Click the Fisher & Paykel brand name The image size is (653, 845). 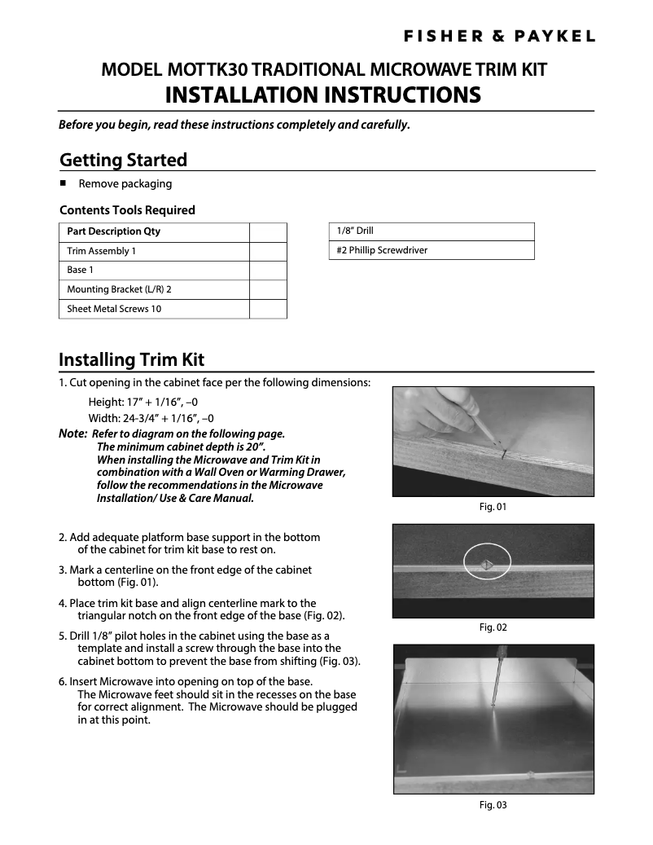(501, 36)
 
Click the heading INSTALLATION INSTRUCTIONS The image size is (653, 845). (322, 95)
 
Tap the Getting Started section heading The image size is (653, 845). (124, 160)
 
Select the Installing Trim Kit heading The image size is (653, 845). (131, 359)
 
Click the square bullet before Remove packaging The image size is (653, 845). (63, 183)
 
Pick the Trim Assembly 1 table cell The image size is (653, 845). (153, 251)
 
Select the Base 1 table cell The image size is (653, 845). (153, 270)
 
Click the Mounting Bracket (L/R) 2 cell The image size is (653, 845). (153, 289)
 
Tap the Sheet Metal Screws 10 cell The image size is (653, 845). (153, 309)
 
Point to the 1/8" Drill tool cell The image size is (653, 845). (431, 231)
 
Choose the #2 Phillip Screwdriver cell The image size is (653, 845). (431, 250)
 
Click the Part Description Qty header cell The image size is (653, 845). (153, 231)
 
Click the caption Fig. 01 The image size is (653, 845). (493, 507)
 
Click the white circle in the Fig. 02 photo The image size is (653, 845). (487, 563)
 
